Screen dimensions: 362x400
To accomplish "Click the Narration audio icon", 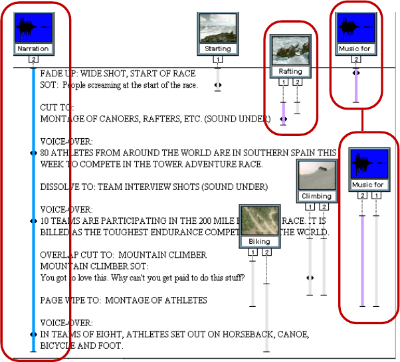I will (33, 27).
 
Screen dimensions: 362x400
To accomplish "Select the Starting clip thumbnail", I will (217, 29).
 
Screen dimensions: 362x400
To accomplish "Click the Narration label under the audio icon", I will (33, 48).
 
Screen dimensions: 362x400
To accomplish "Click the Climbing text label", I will (316, 196).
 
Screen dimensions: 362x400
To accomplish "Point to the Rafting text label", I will (290, 71).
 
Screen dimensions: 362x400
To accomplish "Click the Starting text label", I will (217, 48).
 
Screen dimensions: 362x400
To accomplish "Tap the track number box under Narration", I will (33, 60).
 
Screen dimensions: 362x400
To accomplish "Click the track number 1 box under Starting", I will (217, 60).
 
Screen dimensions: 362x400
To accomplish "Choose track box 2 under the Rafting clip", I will (297, 82).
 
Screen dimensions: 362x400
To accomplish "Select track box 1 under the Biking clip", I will (252, 252).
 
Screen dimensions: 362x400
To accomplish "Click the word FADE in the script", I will (50, 74).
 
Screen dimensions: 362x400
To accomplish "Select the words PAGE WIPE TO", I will (68, 300).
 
